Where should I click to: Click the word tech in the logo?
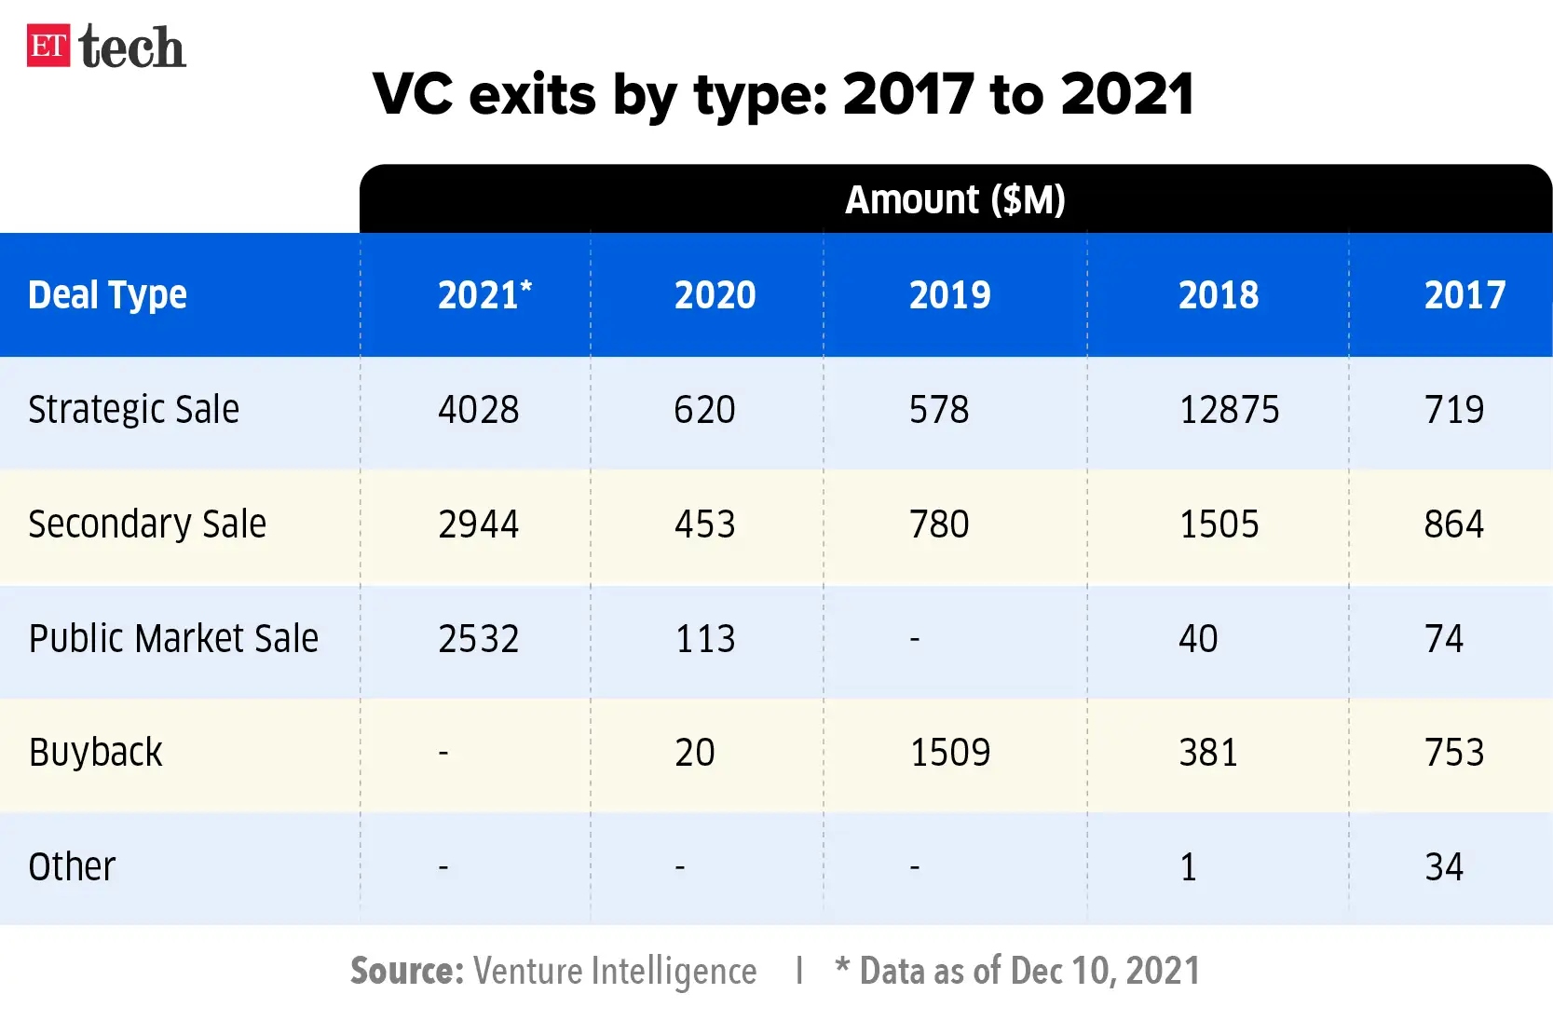(132, 48)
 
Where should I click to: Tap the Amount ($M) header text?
(955, 200)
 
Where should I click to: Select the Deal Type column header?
(107, 295)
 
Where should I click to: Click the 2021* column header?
(484, 295)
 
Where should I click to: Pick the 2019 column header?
(949, 295)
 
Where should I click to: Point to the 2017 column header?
(1464, 295)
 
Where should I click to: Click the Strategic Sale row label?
(133, 410)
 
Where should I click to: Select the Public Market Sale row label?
(173, 639)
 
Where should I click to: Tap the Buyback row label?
(95, 753)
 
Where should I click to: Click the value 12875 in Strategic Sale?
(1229, 410)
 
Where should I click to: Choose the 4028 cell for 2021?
(478, 410)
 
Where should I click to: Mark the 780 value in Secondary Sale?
(939, 524)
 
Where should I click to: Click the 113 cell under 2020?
(705, 639)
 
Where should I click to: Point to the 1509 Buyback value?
(949, 753)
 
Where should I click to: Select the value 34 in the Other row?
(1444, 867)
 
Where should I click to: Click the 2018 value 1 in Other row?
(1188, 867)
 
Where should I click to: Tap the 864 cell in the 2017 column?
(1453, 524)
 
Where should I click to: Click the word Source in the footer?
(406, 971)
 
